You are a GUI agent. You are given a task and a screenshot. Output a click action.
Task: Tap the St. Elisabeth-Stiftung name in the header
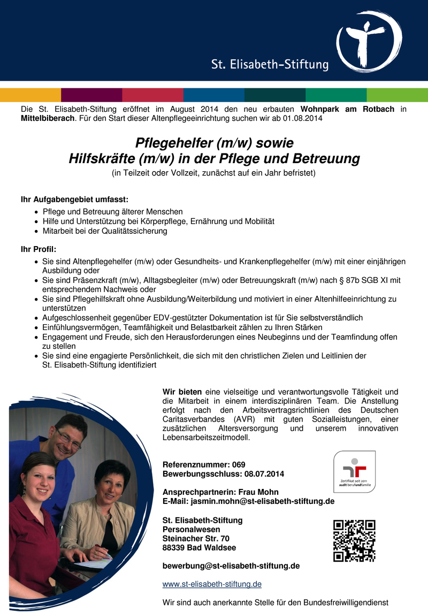[270, 65]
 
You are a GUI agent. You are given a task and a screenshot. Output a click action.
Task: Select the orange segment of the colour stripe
[30, 95]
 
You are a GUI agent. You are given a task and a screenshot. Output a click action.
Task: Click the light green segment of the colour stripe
[397, 95]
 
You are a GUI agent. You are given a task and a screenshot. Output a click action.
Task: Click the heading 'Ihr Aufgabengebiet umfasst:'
[74, 200]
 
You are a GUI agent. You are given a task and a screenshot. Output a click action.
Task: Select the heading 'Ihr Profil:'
[38, 249]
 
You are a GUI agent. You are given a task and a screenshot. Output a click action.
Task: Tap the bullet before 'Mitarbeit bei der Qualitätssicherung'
[36, 232]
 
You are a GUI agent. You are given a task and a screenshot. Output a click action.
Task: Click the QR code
[354, 540]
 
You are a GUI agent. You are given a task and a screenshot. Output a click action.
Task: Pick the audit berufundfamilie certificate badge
[354, 471]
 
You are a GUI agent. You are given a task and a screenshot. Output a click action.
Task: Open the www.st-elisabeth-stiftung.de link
[212, 584]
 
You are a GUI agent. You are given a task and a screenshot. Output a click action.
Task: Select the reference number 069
[239, 464]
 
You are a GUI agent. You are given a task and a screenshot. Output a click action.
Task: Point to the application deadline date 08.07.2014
[264, 473]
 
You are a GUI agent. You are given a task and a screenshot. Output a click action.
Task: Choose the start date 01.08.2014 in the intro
[303, 118]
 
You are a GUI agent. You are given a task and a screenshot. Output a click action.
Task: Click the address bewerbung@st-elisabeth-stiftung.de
[231, 565]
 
